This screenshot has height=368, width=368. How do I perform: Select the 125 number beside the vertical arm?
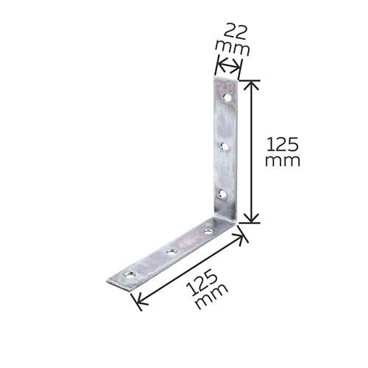point(283,144)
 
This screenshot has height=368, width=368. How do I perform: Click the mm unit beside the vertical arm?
point(283,161)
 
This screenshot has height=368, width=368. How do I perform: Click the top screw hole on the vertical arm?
point(227,98)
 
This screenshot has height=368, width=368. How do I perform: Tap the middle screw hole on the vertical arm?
point(224,146)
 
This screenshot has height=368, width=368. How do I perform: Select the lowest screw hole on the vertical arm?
point(223,194)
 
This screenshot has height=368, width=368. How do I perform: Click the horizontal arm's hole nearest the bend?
point(208,231)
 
